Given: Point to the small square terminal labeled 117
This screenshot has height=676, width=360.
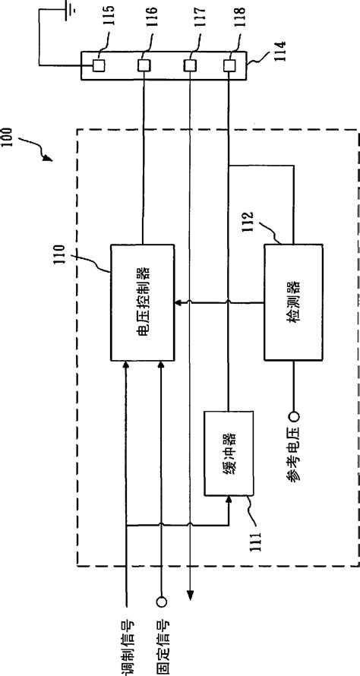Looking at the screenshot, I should pos(190,66).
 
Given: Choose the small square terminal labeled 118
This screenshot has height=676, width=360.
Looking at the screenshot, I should pos(229,66).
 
